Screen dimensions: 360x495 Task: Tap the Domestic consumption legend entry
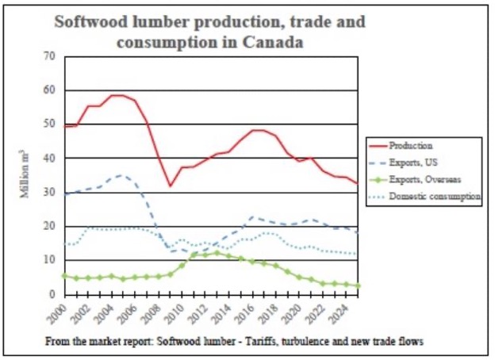point(435,196)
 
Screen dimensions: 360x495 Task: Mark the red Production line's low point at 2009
point(170,186)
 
